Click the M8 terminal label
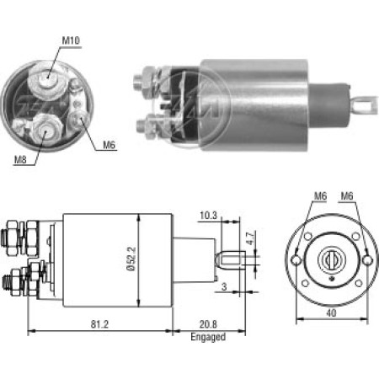[x=18, y=157]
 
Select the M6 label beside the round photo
[x=109, y=146]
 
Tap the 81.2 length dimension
[x=100, y=323]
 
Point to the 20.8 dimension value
[x=208, y=323]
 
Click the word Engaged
[x=208, y=336]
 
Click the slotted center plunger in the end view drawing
[x=330, y=259]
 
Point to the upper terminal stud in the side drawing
[x=19, y=230]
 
